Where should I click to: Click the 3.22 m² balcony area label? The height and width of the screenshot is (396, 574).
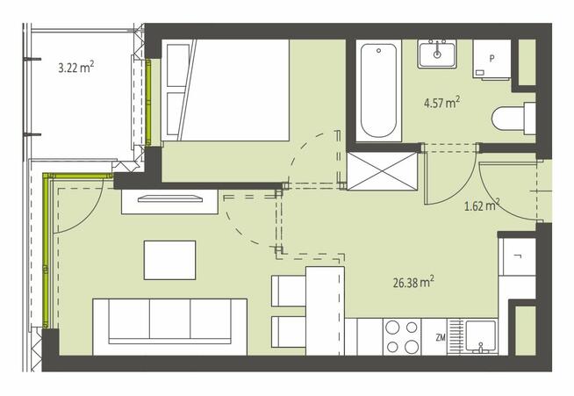(x=76, y=67)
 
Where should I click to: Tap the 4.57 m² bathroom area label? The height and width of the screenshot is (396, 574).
(x=441, y=102)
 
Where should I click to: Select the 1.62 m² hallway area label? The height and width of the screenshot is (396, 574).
(x=482, y=205)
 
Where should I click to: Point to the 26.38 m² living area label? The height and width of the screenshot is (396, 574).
(x=413, y=282)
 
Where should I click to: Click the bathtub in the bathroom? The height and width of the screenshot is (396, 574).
(x=378, y=90)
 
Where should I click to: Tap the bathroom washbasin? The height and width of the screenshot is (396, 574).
(x=437, y=54)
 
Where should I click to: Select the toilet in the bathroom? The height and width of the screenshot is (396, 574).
(x=513, y=119)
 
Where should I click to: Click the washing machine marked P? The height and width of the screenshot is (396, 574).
(x=491, y=59)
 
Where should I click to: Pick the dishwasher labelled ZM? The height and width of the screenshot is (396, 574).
(x=434, y=337)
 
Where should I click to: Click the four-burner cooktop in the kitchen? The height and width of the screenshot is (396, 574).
(x=402, y=337)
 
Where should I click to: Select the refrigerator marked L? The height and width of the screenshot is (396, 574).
(x=518, y=256)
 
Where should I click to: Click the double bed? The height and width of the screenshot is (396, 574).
(x=226, y=90)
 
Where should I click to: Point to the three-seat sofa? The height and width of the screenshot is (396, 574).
(x=170, y=327)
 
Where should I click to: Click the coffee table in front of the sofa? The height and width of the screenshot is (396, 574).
(x=170, y=260)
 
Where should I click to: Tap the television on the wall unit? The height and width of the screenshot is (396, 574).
(x=170, y=199)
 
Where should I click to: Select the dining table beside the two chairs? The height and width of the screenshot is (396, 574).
(x=325, y=311)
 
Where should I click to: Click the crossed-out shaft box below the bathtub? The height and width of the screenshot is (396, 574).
(x=383, y=171)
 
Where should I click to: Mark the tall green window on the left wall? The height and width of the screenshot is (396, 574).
(x=47, y=250)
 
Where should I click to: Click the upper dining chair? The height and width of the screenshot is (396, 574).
(x=289, y=292)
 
